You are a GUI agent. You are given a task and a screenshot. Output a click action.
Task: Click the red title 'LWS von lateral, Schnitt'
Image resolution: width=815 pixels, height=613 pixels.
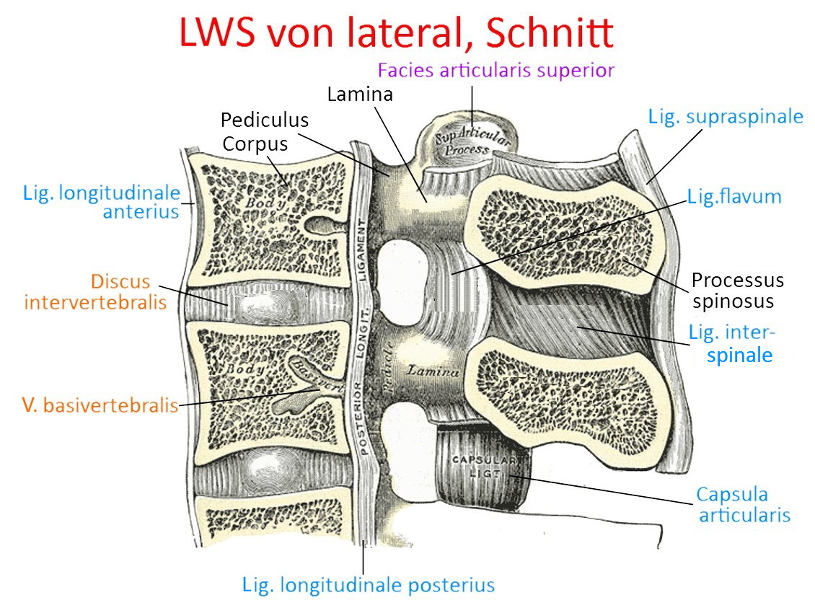396,32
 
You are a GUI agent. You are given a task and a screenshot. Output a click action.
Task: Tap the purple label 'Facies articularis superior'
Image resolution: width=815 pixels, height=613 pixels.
496,71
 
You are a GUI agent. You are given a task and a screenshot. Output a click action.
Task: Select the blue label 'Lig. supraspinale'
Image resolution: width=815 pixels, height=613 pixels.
726,117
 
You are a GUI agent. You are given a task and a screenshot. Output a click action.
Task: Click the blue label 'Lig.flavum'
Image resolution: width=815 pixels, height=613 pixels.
734,196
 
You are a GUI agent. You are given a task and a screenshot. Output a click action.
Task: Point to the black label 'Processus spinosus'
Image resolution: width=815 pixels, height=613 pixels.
737,290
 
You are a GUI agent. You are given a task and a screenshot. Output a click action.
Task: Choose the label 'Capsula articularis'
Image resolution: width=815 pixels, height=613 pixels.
743,505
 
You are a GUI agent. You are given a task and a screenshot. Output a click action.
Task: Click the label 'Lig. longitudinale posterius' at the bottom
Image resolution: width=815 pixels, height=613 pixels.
369,584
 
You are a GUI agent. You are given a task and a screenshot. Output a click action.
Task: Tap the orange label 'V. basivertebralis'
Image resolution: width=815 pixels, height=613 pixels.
100,405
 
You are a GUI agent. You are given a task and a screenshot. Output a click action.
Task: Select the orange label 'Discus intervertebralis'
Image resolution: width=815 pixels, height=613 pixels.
95,291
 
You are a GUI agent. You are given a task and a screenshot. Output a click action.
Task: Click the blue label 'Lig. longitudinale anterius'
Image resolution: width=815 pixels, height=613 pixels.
101,202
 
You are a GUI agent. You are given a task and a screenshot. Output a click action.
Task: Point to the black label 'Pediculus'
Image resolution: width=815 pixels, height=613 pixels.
264,120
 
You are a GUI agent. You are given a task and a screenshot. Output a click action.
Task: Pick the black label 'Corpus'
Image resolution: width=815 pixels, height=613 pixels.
255,144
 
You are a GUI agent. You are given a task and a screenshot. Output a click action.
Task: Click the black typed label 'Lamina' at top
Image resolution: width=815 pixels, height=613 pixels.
359,94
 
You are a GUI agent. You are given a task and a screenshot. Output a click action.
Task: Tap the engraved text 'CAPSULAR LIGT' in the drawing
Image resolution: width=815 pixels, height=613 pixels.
483,465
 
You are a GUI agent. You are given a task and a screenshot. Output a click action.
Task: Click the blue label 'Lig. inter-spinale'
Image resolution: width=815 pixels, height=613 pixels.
731,343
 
